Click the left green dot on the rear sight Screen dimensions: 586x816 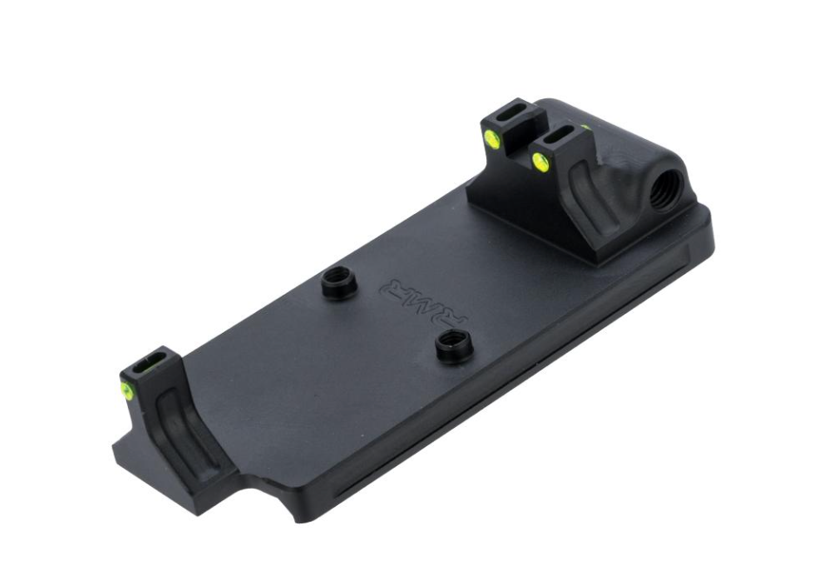492,137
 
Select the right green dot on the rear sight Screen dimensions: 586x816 539,159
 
